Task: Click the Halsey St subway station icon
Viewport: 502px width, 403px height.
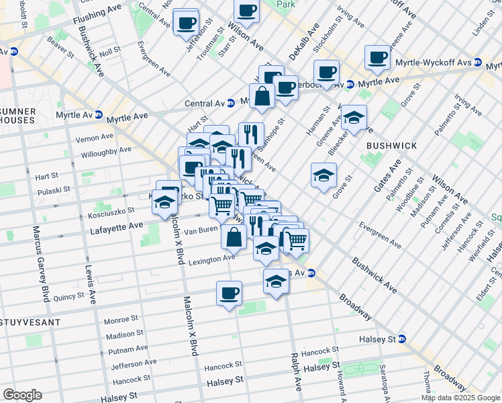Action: pos(401,339)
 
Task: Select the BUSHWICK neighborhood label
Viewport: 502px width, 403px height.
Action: pos(391,145)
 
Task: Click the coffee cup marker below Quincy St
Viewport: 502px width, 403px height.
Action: pos(229,294)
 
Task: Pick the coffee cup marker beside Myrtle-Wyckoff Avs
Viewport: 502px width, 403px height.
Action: pos(378,58)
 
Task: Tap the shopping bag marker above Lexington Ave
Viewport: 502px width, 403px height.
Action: pos(234,238)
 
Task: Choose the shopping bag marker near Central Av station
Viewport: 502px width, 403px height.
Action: pos(263,97)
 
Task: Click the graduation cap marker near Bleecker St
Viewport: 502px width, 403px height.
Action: pos(354,118)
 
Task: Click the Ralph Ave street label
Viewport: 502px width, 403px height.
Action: pos(294,372)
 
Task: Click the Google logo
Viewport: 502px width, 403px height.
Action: pos(21,395)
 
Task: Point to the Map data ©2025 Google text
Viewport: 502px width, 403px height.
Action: pos(461,398)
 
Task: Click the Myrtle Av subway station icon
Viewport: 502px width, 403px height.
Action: pos(99,116)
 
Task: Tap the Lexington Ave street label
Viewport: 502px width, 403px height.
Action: pos(211,259)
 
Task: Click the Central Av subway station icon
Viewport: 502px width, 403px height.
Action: pos(230,103)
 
